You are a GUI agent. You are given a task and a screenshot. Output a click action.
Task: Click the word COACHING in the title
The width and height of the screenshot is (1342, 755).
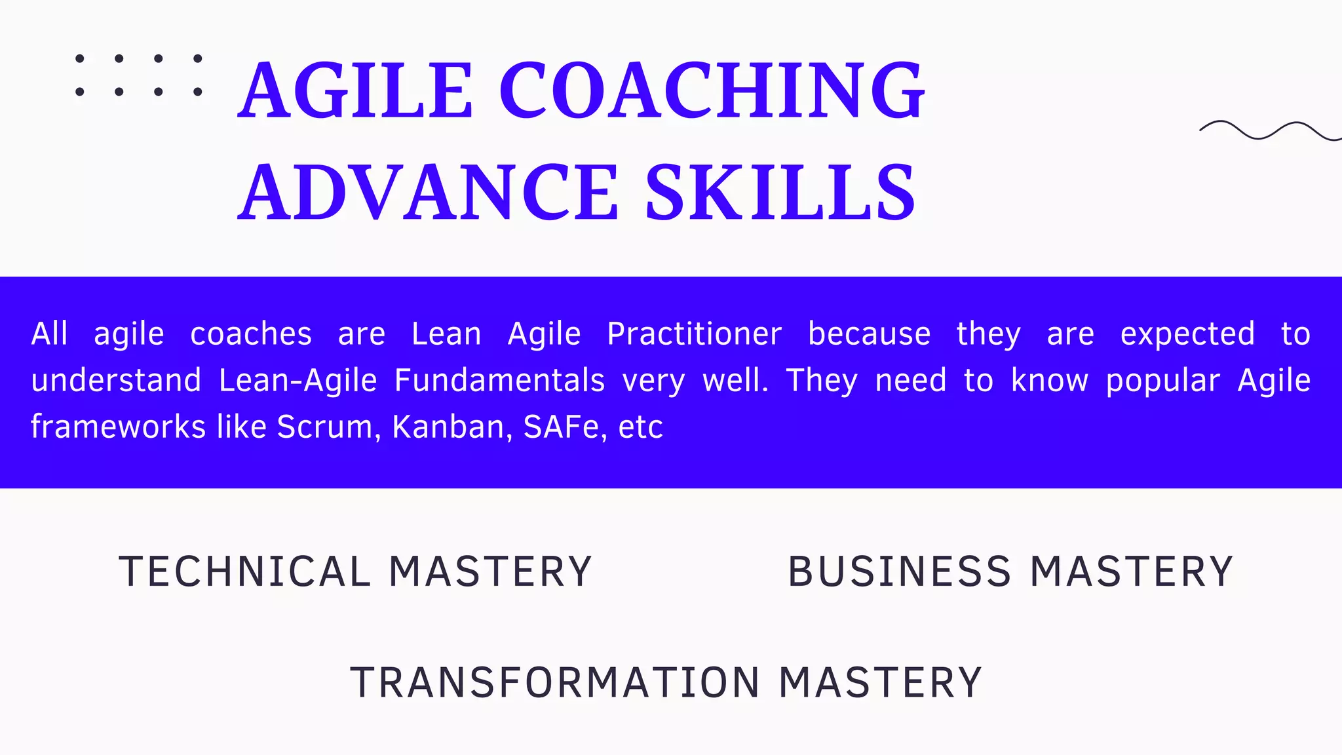click(x=712, y=90)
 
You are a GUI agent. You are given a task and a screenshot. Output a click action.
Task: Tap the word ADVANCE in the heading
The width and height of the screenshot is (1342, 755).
click(x=428, y=193)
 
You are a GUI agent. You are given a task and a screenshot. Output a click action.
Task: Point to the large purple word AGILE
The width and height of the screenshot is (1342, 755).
click(x=355, y=90)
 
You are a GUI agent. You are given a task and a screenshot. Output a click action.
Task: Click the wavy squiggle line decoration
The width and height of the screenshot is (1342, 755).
click(x=1270, y=130)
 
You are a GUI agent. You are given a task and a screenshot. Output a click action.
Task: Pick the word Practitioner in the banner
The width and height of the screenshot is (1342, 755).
click(x=694, y=334)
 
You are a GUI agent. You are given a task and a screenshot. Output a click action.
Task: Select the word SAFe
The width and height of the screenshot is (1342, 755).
click(x=562, y=427)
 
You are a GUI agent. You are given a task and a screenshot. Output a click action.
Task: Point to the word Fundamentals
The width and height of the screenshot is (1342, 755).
click(x=499, y=381)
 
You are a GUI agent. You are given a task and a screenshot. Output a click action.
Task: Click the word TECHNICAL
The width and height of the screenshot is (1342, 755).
click(x=244, y=571)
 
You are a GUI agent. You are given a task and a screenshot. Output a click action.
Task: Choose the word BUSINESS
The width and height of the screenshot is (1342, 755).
click(x=900, y=571)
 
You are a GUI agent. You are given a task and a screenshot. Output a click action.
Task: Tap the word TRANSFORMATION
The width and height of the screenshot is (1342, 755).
click(x=555, y=683)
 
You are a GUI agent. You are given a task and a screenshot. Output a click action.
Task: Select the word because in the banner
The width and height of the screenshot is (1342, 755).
click(x=869, y=334)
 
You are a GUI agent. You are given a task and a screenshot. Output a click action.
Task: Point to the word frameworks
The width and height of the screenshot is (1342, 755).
click(x=119, y=427)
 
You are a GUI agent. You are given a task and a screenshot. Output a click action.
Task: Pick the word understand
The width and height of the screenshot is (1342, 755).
click(x=116, y=381)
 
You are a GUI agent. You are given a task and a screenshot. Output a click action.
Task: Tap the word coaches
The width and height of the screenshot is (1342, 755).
click(x=251, y=334)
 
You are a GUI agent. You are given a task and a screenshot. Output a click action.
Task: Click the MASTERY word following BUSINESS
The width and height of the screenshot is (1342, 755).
click(x=1132, y=571)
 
